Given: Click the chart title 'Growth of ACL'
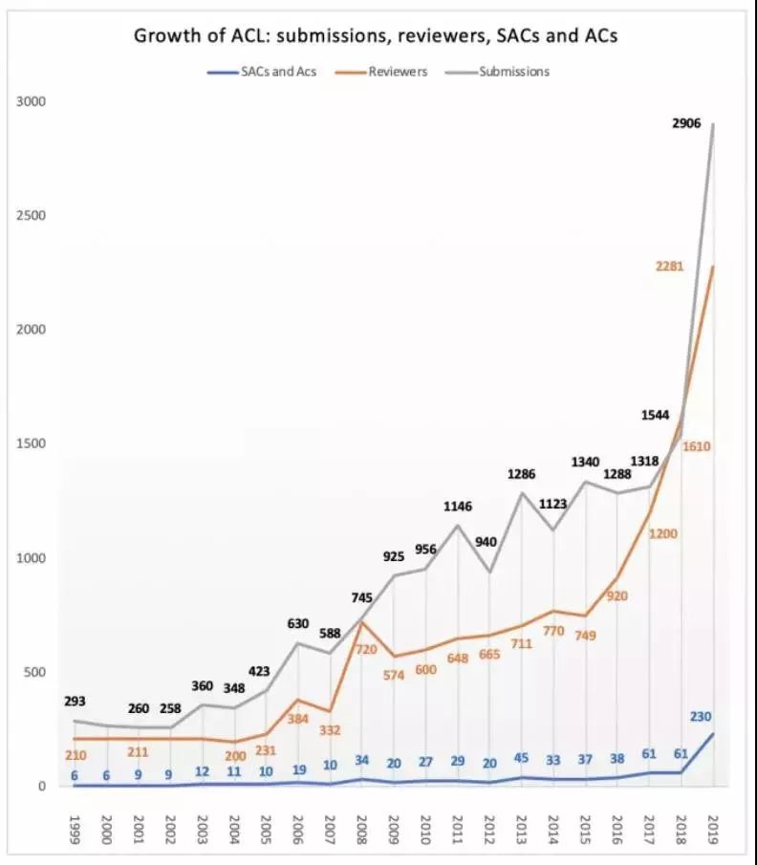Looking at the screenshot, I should click(x=376, y=36).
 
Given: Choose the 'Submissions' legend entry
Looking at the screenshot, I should click(x=513, y=71).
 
